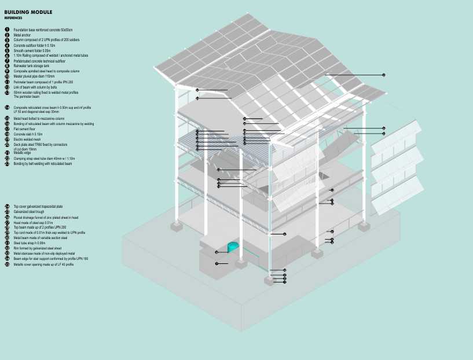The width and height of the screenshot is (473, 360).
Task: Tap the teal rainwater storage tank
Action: (x=234, y=248)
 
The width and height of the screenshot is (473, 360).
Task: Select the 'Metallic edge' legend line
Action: (x=23, y=153)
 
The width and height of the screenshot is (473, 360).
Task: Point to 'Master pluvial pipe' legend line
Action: (x=34, y=76)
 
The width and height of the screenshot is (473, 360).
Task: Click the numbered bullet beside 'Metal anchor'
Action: (x=7, y=35)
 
